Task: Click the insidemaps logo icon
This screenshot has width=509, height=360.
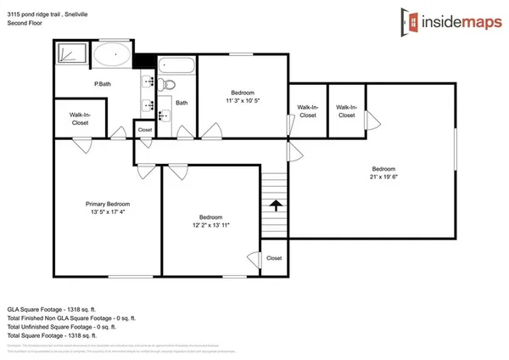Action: pos(413,21)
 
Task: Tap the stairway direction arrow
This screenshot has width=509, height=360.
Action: pos(274,205)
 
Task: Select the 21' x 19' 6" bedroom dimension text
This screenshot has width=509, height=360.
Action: pos(383,177)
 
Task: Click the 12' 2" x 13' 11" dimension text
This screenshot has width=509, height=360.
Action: pos(210,225)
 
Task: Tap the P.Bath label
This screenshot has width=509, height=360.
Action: pos(103,83)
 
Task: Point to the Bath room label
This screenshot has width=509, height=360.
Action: pos(182,102)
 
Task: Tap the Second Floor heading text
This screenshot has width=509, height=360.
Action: pos(25,24)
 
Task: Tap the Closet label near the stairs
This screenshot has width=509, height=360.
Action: pos(274,257)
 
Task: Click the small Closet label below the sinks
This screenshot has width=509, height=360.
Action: pos(145,130)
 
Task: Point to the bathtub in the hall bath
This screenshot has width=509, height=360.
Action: pos(176,66)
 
